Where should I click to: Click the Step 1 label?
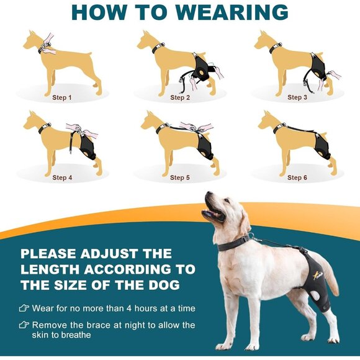click(62, 97)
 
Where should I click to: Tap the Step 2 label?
click(180, 97)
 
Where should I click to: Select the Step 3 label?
click(297, 97)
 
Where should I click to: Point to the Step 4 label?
click(62, 178)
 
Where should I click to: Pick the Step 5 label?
click(180, 178)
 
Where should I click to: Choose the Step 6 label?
click(297, 178)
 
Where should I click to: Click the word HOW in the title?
click(96, 12)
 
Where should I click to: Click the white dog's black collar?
click(234, 241)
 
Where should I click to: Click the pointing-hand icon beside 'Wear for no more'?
click(24, 308)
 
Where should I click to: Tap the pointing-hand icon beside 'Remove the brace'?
click(24, 325)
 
